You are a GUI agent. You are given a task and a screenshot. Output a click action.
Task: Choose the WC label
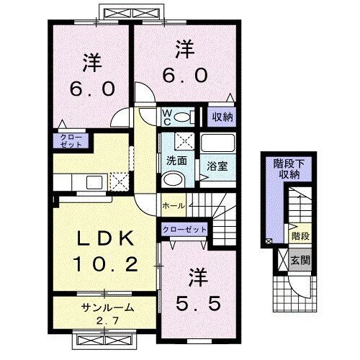click(x=166, y=117)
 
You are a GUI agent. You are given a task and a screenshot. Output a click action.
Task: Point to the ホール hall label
click(x=175, y=206)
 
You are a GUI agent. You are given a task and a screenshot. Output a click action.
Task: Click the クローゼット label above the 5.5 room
click(x=183, y=229)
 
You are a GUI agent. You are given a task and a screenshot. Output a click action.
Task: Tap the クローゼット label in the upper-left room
click(x=71, y=139)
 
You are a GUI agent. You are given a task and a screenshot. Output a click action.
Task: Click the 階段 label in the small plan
click(x=300, y=235)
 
